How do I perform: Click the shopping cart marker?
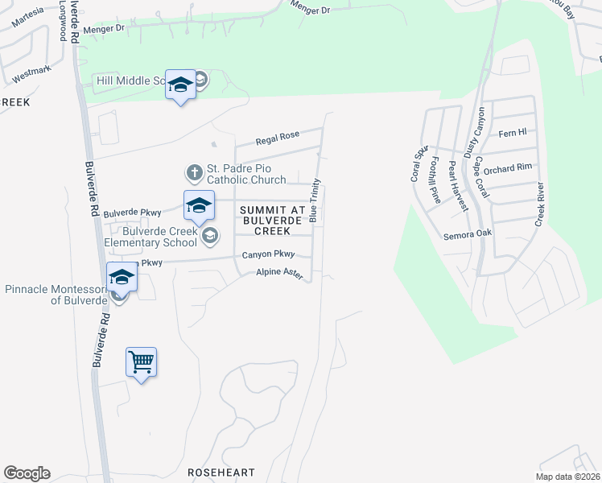142,363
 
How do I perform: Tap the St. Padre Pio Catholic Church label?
247,175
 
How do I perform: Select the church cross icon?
194,172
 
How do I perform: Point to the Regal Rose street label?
278,138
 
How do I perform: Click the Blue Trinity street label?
314,200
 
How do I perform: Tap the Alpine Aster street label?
279,275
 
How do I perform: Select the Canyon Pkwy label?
269,255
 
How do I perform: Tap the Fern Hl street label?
512,132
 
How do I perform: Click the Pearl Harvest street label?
458,186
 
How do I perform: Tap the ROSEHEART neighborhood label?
221,473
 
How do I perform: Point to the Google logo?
27,473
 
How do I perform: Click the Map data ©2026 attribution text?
567,477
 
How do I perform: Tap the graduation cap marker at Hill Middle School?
180,85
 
